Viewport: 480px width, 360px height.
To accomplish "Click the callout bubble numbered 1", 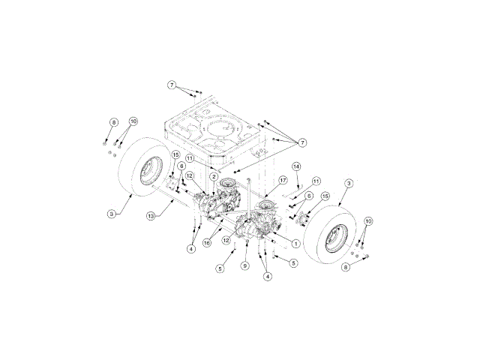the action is pos(297,243).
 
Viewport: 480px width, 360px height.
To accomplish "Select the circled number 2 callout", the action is pos(214,177).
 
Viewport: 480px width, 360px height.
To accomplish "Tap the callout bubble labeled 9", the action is pos(244,265).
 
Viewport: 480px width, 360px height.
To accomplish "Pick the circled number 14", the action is pos(296,166).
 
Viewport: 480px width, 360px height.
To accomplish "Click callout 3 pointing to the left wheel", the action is pos(111,214).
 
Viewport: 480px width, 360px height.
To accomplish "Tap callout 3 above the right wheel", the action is pos(349,182).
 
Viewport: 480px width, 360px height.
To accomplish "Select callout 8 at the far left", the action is pos(114,121).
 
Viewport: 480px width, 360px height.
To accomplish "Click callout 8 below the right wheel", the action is pos(346,266).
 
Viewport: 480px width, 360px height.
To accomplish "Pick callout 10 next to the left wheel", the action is pos(133,121).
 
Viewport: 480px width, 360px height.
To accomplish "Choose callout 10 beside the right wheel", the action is pos(367,221).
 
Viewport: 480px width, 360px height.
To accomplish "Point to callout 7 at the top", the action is pos(172,86).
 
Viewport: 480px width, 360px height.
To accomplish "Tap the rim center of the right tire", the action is pos(334,236).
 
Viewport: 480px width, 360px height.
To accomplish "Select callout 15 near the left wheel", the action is pos(175,155).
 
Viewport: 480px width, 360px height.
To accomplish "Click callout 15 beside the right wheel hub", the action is pos(325,196).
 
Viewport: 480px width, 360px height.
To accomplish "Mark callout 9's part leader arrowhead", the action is pos(247,244).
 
